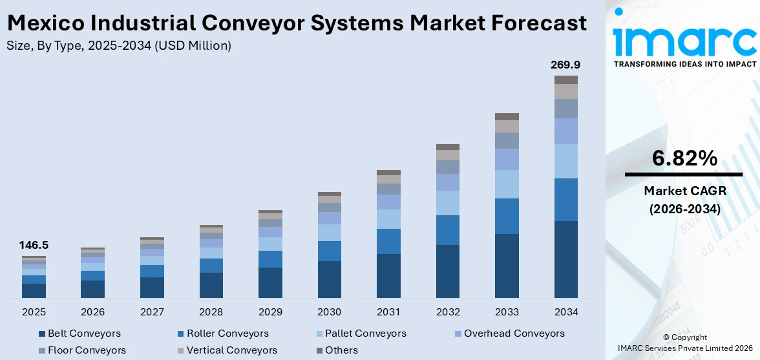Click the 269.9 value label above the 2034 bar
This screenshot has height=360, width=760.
565,65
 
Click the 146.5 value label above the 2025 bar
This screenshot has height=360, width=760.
34,246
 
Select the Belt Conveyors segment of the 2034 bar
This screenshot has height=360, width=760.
566,259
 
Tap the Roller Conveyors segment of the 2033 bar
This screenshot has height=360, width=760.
507,216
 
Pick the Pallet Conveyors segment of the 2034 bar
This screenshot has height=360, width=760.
566,161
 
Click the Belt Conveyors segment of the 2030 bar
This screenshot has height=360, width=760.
330,279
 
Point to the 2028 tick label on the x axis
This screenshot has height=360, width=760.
211,312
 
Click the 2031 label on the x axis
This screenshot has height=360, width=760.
388,312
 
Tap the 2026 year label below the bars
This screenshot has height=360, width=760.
93,312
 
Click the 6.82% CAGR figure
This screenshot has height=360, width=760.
684,158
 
